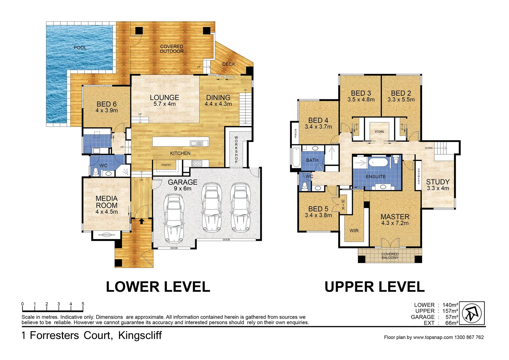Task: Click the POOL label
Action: coord(80,48)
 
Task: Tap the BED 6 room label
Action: coord(107,104)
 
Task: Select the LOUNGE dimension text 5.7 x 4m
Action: coord(165,104)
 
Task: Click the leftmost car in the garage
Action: coord(174,218)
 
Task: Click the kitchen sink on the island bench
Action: coord(196,143)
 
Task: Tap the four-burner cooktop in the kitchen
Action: coord(197,163)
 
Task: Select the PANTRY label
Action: coord(166,165)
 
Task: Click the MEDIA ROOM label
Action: coord(107,202)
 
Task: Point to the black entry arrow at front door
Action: coord(142,221)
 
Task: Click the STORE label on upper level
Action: coord(379,132)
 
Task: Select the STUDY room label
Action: coord(438,182)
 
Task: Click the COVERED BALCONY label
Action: coord(390,256)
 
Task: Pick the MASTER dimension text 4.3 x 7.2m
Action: coord(395,223)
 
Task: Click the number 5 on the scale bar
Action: coord(83,304)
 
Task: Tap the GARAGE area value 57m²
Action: coord(452,317)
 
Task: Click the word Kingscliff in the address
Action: coord(140,335)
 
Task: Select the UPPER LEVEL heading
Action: coord(374,287)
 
